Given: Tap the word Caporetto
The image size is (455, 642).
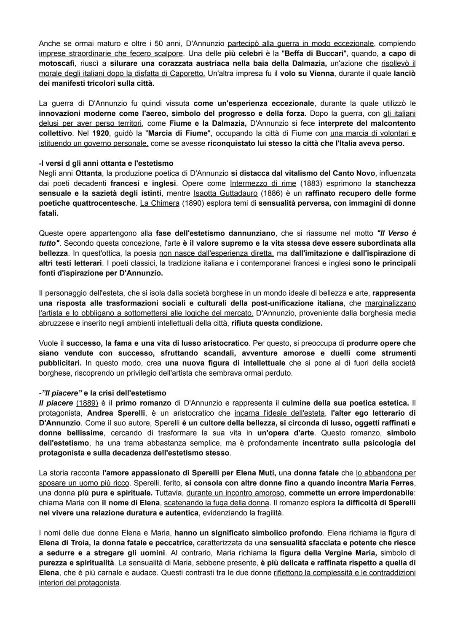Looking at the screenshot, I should click(x=188, y=74).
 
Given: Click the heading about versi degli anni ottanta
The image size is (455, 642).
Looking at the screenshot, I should click(x=106, y=163).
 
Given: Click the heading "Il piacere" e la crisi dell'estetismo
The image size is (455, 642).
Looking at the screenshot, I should click(x=102, y=393).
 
